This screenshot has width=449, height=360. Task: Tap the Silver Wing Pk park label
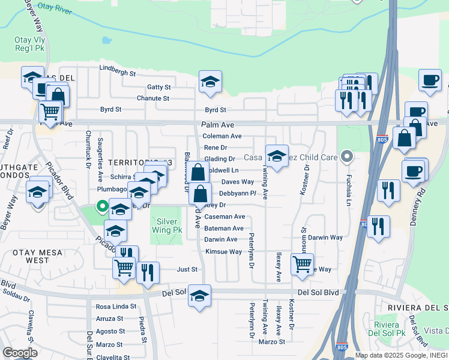(x=166, y=226)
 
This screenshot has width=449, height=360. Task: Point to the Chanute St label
(x=153, y=98)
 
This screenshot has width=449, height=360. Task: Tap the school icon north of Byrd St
(x=210, y=82)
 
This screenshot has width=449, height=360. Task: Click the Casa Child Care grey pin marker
(x=346, y=157)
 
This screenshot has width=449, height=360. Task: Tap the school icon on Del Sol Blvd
(x=199, y=296)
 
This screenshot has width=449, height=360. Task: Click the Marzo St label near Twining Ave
(x=271, y=341)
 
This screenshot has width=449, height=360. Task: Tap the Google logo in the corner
(x=20, y=352)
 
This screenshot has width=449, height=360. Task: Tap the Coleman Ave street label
(x=223, y=136)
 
